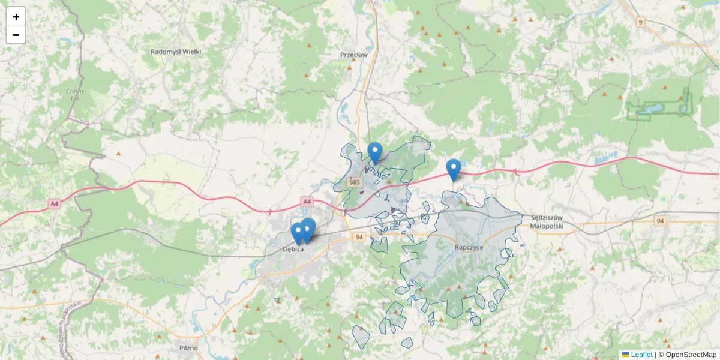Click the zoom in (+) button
16,17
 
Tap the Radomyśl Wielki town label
176,52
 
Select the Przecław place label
353,54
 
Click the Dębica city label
293,248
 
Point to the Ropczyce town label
470,247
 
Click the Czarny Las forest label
75,94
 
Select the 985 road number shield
354,182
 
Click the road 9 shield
641,23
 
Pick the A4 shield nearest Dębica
307,202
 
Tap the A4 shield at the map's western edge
55,204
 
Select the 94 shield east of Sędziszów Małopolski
661,221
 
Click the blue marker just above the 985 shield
375,153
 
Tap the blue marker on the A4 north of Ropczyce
454,169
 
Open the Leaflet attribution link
641,355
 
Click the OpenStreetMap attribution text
691,355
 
